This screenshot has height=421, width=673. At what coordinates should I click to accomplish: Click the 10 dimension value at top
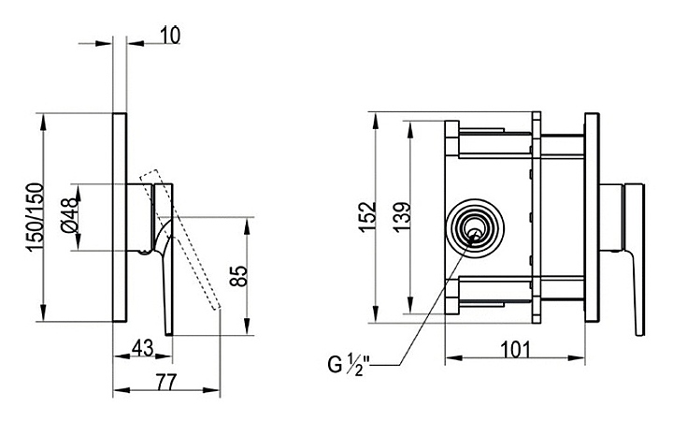tap(170, 36)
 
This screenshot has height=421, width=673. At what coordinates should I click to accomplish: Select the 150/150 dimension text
tap(36, 217)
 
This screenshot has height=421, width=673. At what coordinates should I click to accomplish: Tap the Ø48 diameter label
tap(70, 216)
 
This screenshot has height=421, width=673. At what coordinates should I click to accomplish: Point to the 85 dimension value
tap(238, 276)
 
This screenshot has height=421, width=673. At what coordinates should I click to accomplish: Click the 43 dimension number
tap(142, 348)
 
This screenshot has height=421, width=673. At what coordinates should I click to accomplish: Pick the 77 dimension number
tap(165, 383)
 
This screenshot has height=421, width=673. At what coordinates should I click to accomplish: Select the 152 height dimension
tap(367, 217)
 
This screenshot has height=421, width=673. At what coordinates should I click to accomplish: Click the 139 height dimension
tap(402, 217)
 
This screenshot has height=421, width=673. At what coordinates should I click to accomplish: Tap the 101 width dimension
tap(515, 350)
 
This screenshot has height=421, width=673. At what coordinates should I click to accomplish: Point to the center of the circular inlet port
tap(475, 228)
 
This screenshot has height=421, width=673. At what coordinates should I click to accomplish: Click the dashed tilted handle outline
tap(180, 240)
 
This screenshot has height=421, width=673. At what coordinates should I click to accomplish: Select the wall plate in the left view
tap(120, 217)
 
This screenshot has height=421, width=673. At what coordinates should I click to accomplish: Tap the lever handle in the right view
tap(634, 259)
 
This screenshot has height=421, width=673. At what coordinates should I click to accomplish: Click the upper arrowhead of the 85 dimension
tap(247, 225)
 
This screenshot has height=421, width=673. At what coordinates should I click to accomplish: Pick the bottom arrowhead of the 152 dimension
tap(376, 314)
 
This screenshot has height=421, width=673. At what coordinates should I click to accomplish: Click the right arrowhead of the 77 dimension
tap(211, 390)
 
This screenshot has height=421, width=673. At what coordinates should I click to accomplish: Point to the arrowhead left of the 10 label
tap(104, 43)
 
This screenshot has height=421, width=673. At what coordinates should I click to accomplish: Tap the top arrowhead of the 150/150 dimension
tap(43, 122)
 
